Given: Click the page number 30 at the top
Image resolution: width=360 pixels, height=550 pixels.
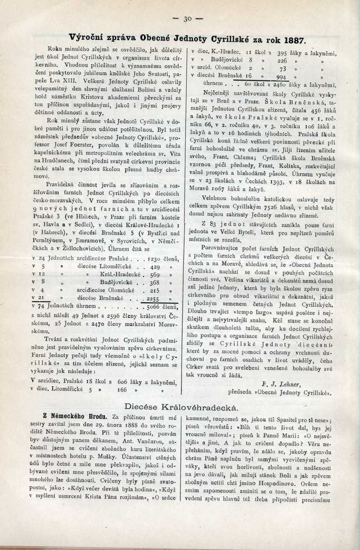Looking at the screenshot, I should pyautogui.click(x=188, y=18).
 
